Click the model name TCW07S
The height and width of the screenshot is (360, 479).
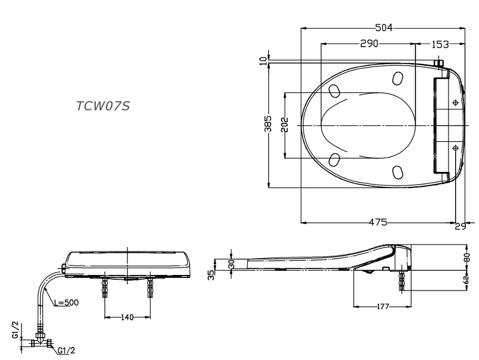click(103, 106)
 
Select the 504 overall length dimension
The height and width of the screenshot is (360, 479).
click(384, 28)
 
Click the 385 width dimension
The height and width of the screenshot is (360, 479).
click(268, 124)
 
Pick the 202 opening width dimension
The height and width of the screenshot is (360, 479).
click(284, 125)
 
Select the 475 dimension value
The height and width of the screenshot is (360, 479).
click(377, 222)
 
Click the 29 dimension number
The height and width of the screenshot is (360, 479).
click(460, 226)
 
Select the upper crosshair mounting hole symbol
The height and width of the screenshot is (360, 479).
click(456, 102)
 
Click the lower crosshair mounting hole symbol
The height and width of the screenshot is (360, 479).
click(456, 147)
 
